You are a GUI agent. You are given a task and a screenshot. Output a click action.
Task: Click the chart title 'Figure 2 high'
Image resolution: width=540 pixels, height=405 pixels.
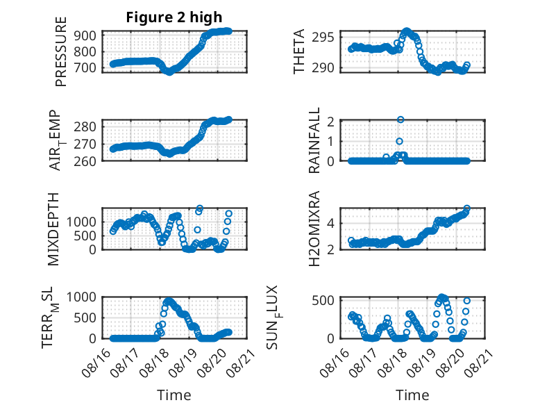click(174, 17)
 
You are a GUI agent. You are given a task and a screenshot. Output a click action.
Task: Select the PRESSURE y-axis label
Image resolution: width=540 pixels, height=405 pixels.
click(61, 51)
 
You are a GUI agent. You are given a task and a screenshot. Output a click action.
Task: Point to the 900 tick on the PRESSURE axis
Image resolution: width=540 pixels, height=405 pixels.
click(85, 35)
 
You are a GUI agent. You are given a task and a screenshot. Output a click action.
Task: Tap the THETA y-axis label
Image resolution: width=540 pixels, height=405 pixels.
click(299, 51)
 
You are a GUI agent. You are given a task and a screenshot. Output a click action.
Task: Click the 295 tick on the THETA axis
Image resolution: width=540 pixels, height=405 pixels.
click(323, 37)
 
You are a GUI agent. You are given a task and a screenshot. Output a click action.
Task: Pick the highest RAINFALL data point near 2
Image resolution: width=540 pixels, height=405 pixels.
click(400, 119)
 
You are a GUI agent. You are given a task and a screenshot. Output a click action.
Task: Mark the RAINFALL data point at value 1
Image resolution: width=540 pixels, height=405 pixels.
click(399, 141)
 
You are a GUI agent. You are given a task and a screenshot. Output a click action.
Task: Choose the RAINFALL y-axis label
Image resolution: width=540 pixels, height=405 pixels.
click(314, 140)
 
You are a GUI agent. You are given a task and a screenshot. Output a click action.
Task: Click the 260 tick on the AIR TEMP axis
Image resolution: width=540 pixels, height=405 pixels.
click(85, 161)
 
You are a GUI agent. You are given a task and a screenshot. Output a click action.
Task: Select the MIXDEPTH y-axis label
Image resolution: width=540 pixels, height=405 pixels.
click(53, 229)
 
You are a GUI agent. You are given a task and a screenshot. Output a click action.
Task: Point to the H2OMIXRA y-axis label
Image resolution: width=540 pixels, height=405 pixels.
click(314, 229)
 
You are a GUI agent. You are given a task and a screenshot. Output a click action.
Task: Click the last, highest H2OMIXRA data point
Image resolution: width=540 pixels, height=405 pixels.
click(466, 208)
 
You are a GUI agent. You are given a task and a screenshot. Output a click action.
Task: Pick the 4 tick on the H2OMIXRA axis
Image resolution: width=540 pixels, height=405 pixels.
click(330, 223)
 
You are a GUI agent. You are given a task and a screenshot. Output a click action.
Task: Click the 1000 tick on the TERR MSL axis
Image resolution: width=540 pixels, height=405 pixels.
click(81, 297)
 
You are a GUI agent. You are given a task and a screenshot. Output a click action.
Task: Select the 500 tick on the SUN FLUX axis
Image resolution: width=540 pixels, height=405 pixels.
click(323, 300)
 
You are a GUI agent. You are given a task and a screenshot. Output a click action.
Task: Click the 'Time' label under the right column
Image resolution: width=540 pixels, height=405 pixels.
click(412, 395)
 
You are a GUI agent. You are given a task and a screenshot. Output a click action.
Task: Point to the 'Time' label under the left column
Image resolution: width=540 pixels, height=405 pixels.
click(174, 395)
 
